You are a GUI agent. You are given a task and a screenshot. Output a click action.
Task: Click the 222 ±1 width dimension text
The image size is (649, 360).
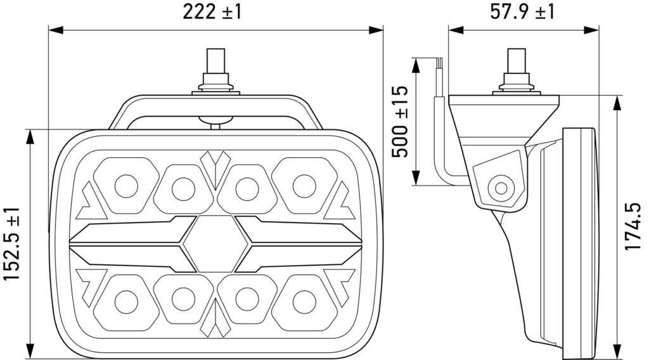tap(212, 12)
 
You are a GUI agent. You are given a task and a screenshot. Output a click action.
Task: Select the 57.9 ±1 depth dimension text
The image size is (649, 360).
tap(522, 12)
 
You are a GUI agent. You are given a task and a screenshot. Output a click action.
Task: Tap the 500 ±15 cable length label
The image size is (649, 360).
tap(401, 122)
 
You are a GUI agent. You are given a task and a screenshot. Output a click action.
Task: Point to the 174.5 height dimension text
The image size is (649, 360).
tap(633, 226)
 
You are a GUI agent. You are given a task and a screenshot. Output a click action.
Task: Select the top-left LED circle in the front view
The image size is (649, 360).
tap(126, 186)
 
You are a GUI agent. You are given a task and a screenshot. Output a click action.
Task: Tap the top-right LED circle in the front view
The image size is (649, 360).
tap(304, 186)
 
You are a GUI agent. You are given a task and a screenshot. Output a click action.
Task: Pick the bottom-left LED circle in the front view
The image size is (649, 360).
tap(126, 302)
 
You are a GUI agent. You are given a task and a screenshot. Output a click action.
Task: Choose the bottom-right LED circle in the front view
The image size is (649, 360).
tap(304, 302)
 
